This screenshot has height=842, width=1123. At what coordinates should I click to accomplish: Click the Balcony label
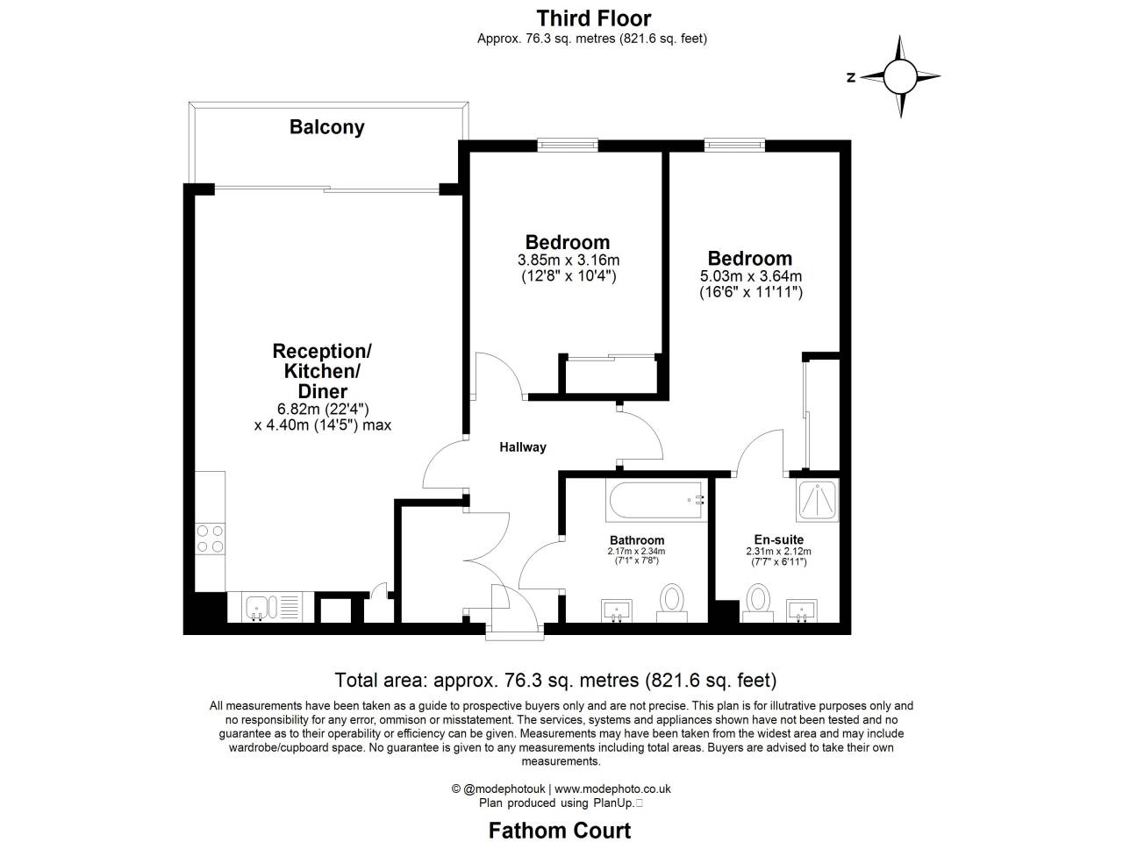point(326,127)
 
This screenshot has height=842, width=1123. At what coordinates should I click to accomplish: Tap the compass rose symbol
point(899,76)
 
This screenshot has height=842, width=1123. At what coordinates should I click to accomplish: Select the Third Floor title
point(593,18)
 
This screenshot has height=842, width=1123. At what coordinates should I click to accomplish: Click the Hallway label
point(523,447)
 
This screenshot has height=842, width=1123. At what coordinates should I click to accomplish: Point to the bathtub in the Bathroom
point(655,501)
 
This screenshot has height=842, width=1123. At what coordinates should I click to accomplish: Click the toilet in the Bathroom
point(673,600)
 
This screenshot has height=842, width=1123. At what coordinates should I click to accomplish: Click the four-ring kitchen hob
point(210,538)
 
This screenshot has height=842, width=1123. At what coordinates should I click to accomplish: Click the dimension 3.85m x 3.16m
point(568,260)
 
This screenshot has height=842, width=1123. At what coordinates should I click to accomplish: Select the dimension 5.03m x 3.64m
point(750,276)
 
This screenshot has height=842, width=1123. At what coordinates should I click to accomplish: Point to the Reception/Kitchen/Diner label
point(322,371)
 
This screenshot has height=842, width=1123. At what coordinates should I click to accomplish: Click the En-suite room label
point(778,539)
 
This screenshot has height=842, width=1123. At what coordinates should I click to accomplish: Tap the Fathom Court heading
point(560,830)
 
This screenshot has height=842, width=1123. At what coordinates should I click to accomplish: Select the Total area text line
point(555,680)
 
